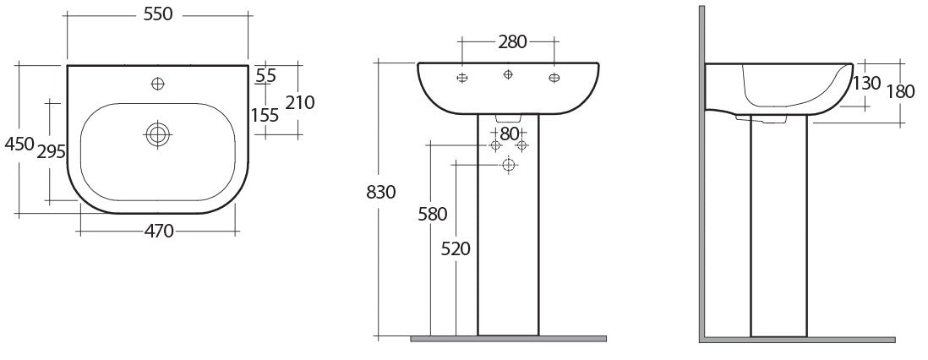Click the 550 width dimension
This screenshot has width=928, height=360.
[156, 15]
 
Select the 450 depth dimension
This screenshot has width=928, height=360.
[18, 144]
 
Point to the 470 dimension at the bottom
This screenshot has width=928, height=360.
[156, 230]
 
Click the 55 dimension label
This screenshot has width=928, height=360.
[265, 75]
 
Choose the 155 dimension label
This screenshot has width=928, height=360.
[265, 115]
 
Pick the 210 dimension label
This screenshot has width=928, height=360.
[299, 102]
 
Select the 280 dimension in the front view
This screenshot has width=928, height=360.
[507, 41]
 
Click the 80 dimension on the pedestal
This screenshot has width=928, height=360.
[509, 133]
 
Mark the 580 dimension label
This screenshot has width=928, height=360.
[432, 214]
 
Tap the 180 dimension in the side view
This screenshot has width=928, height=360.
[900, 91]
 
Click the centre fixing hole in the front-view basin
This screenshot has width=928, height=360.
[507, 75]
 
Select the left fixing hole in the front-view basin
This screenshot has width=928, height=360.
[461, 79]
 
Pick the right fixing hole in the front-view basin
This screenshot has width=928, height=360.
[554, 79]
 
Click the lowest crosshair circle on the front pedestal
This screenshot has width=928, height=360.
[508, 164]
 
